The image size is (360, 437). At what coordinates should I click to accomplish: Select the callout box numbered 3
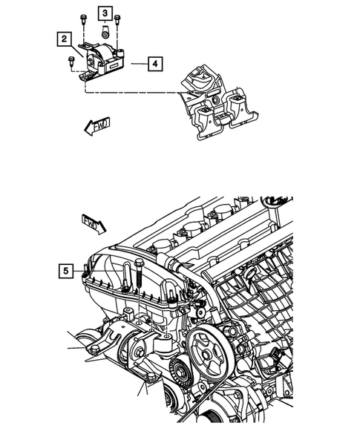(105, 14)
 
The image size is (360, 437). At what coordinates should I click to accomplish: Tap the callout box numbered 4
(154, 65)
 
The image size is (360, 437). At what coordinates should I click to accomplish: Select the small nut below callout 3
(106, 32)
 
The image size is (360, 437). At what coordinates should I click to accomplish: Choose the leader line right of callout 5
(80, 273)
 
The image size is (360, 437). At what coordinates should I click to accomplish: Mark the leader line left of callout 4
(138, 65)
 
